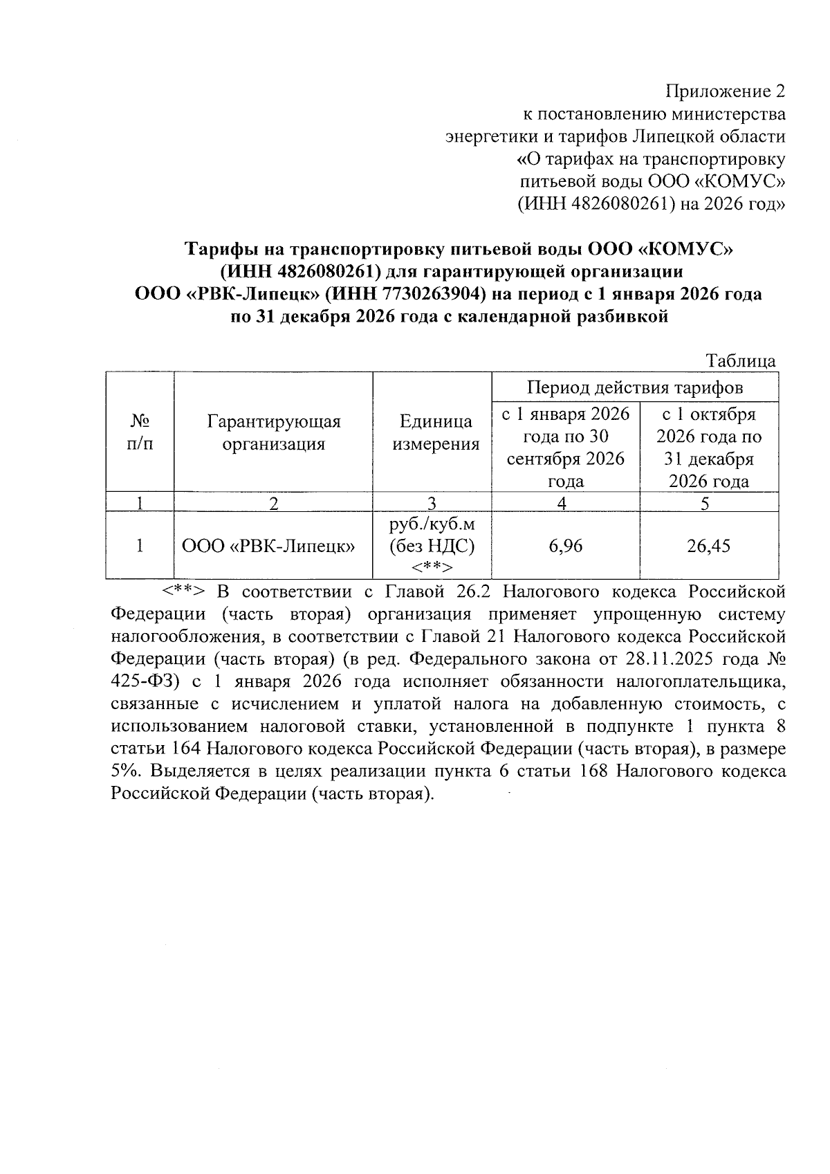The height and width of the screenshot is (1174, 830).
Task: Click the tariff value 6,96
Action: coord(565,547)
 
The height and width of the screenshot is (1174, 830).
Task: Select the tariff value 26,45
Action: coord(708,547)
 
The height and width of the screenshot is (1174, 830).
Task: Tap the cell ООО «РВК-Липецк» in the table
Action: coord(268,547)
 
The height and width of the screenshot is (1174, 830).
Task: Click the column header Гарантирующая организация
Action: coord(273,432)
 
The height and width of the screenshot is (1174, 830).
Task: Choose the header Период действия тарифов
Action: coord(635,387)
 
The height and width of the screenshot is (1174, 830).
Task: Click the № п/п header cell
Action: coord(140,432)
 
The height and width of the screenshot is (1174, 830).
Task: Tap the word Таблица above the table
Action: coord(740,360)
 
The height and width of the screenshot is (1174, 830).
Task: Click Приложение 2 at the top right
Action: coord(726,91)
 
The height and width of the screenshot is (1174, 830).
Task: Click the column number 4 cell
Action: coord(565,503)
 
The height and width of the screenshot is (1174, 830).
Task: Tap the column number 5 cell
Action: coord(708,503)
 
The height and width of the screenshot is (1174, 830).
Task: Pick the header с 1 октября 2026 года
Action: coord(708,448)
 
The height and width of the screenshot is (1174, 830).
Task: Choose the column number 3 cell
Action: coord(432,503)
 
